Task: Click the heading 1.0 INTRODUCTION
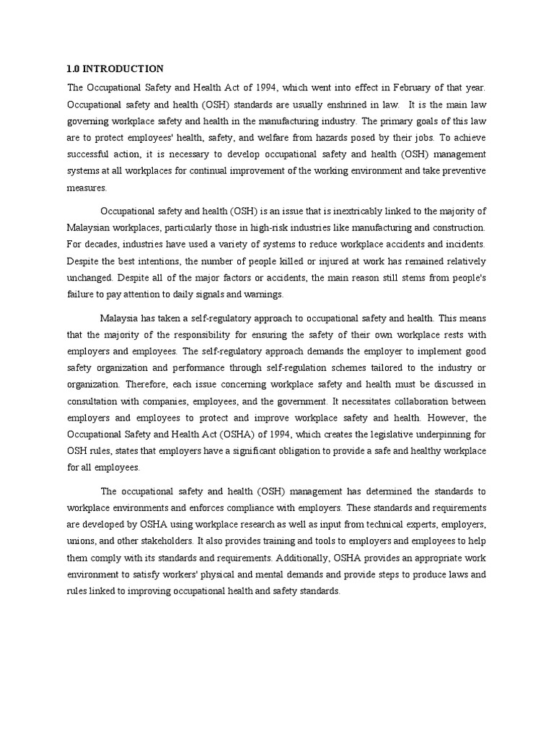click(115, 69)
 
